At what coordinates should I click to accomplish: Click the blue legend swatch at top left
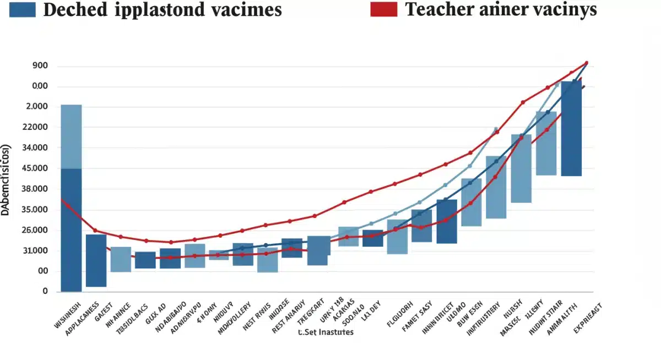click(22, 9)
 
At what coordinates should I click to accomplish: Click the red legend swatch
click(383, 9)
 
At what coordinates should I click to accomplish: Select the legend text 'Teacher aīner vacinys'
click(501, 9)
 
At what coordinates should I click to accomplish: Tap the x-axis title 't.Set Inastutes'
click(326, 332)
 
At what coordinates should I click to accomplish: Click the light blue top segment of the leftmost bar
click(71, 137)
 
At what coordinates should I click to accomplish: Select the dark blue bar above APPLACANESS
click(96, 260)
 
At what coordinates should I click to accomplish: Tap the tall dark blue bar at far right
click(571, 128)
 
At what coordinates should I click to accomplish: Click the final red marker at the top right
click(586, 63)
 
